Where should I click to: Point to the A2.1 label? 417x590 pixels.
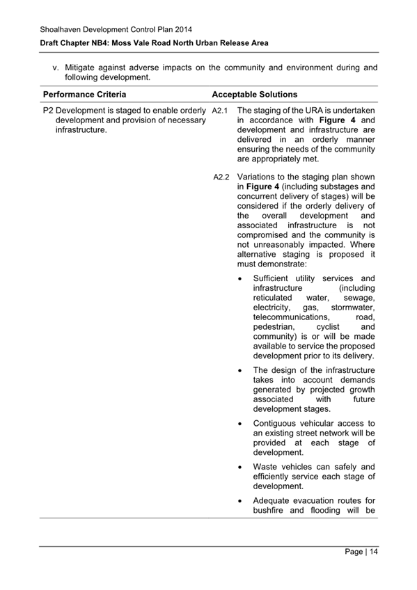coord(220,111)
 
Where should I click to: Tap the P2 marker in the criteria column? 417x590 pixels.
coord(49,111)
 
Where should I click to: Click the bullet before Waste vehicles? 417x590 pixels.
coord(240,467)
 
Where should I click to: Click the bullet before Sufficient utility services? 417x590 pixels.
coord(240,278)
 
